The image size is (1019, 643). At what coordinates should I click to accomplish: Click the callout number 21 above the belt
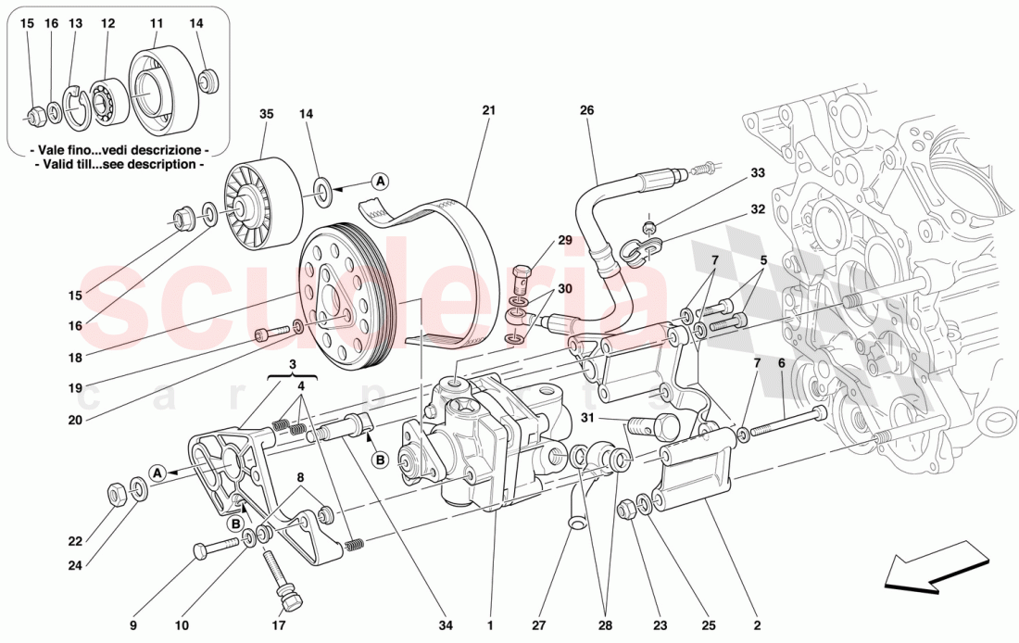tap(488, 110)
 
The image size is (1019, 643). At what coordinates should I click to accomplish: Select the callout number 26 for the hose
tap(586, 110)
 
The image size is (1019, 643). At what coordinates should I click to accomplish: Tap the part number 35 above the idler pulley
tap(267, 115)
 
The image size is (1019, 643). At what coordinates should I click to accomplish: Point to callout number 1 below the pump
tap(490, 625)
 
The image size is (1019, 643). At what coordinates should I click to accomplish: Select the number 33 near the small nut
tap(758, 172)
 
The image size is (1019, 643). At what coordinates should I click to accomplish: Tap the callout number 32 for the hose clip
tap(758, 209)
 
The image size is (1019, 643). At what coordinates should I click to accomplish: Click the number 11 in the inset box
tap(157, 22)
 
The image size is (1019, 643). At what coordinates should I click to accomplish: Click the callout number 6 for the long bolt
tap(781, 363)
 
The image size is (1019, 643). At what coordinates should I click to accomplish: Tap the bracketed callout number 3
tap(292, 364)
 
